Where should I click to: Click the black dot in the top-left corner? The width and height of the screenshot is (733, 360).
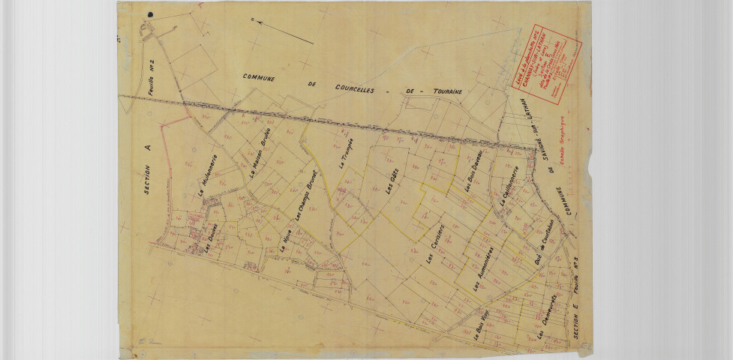(152, 13)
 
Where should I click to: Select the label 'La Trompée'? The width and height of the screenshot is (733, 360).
(347, 155)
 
